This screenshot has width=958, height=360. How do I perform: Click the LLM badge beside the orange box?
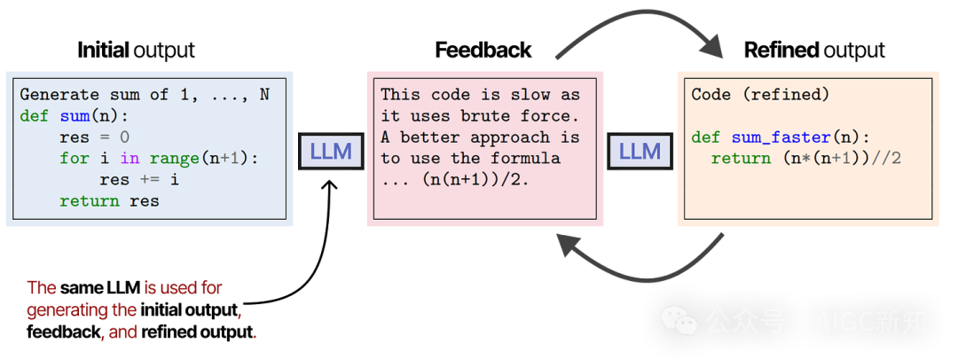click(x=639, y=151)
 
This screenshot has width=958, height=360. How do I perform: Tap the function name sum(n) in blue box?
click(x=95, y=115)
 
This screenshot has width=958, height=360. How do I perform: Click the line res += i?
click(x=139, y=179)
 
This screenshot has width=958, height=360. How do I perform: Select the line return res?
click(x=109, y=200)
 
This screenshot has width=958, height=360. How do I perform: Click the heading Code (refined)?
click(x=760, y=94)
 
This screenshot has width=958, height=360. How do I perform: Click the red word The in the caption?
click(x=42, y=288)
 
